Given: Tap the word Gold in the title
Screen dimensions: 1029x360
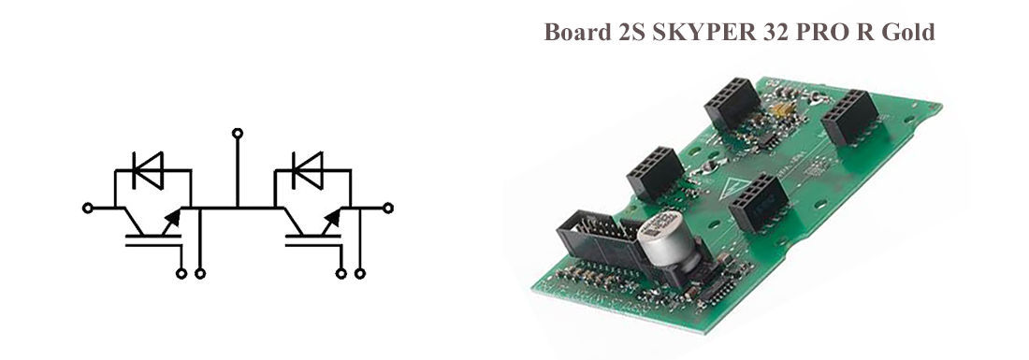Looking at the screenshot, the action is pyautogui.click(x=908, y=32).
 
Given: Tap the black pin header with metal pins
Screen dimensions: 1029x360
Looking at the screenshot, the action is pyautogui.click(x=598, y=239).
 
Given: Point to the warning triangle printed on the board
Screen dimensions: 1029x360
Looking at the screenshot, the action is pyautogui.click(x=732, y=188).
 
